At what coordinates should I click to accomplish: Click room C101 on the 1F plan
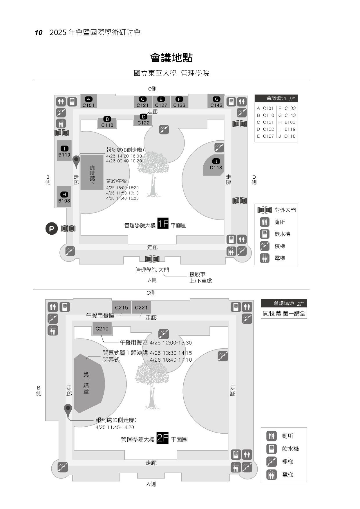(x=88, y=102)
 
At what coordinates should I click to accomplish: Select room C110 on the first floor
(x=107, y=122)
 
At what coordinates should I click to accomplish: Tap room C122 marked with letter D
(x=143, y=120)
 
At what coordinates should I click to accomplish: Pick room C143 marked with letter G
(x=216, y=102)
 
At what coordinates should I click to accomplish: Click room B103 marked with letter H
(x=64, y=197)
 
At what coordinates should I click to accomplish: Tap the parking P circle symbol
(x=52, y=229)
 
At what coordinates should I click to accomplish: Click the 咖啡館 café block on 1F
(x=92, y=173)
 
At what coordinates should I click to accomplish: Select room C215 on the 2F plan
(x=121, y=307)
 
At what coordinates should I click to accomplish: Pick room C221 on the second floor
(x=141, y=307)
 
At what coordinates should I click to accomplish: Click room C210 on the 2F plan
(x=102, y=329)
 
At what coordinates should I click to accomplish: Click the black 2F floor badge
(x=162, y=438)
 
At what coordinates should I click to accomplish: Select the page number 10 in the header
(x=39, y=32)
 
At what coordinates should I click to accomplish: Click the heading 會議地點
(x=171, y=58)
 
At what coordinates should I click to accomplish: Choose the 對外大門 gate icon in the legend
(x=265, y=210)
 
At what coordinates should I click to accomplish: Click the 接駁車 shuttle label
(x=197, y=274)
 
